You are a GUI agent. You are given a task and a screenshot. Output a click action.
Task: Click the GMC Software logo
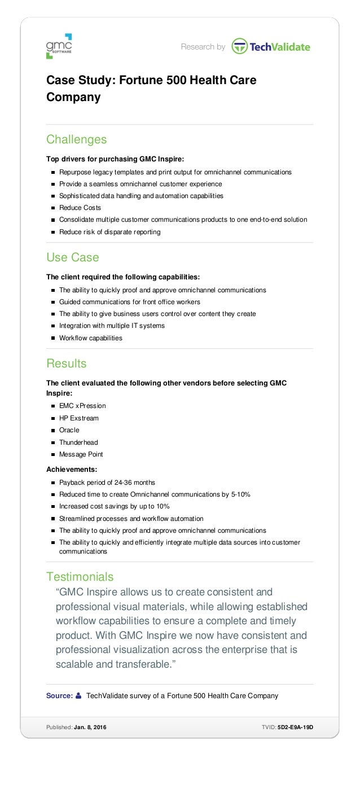pos(59,46)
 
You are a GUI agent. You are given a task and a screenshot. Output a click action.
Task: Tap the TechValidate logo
pos(271,47)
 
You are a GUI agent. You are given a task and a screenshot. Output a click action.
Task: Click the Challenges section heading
pos(76,139)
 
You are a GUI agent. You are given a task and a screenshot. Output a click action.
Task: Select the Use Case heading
pos(72,257)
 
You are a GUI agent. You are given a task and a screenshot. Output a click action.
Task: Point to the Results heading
pos(66,363)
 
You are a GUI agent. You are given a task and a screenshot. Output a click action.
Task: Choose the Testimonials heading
pos(80,576)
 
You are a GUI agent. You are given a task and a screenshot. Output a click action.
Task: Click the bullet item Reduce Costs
pos(80,208)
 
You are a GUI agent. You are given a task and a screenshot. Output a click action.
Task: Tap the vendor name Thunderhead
pos(78,442)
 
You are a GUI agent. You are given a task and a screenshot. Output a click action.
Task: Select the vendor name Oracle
pos(69,430)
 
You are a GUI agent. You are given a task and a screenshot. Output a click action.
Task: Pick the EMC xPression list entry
pos(82,406)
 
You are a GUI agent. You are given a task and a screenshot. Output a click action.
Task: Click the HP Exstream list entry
pos(78,418)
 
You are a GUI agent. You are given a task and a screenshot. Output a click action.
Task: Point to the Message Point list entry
pos(81,454)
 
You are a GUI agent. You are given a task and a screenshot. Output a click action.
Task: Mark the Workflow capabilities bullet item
pos(90,338)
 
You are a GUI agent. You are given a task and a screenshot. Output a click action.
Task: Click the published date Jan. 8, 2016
pos(90,727)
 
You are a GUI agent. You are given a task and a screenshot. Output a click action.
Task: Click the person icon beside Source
pos(78,696)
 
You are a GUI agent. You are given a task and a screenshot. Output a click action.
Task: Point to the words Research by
pos(203,47)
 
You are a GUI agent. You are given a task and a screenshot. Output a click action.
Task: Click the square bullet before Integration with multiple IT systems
pos(52,326)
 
